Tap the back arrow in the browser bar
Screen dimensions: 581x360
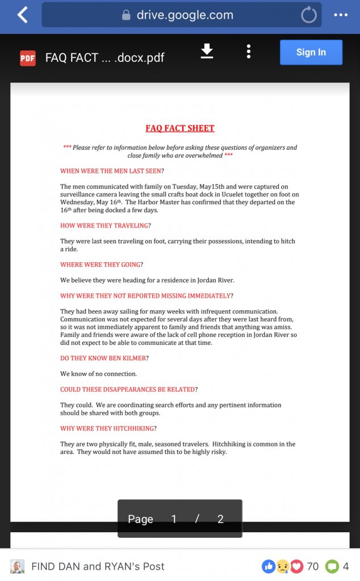23,15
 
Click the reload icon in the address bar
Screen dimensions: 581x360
309,15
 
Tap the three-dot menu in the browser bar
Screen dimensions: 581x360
341,15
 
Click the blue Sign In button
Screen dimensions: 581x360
311,52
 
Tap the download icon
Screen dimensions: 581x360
207,52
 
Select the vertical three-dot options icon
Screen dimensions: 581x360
249,52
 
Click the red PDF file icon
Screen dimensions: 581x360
28,58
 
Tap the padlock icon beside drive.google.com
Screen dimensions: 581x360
126,15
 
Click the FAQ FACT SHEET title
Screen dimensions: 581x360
180,128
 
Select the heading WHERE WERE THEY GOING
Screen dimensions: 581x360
102,264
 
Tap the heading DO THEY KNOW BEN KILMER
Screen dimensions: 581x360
104,358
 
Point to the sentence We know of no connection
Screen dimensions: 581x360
99,374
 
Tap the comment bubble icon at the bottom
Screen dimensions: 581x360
332,566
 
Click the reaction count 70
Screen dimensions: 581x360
312,566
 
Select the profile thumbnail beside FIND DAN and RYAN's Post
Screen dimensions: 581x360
18,566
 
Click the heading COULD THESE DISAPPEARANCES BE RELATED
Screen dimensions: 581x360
129,389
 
